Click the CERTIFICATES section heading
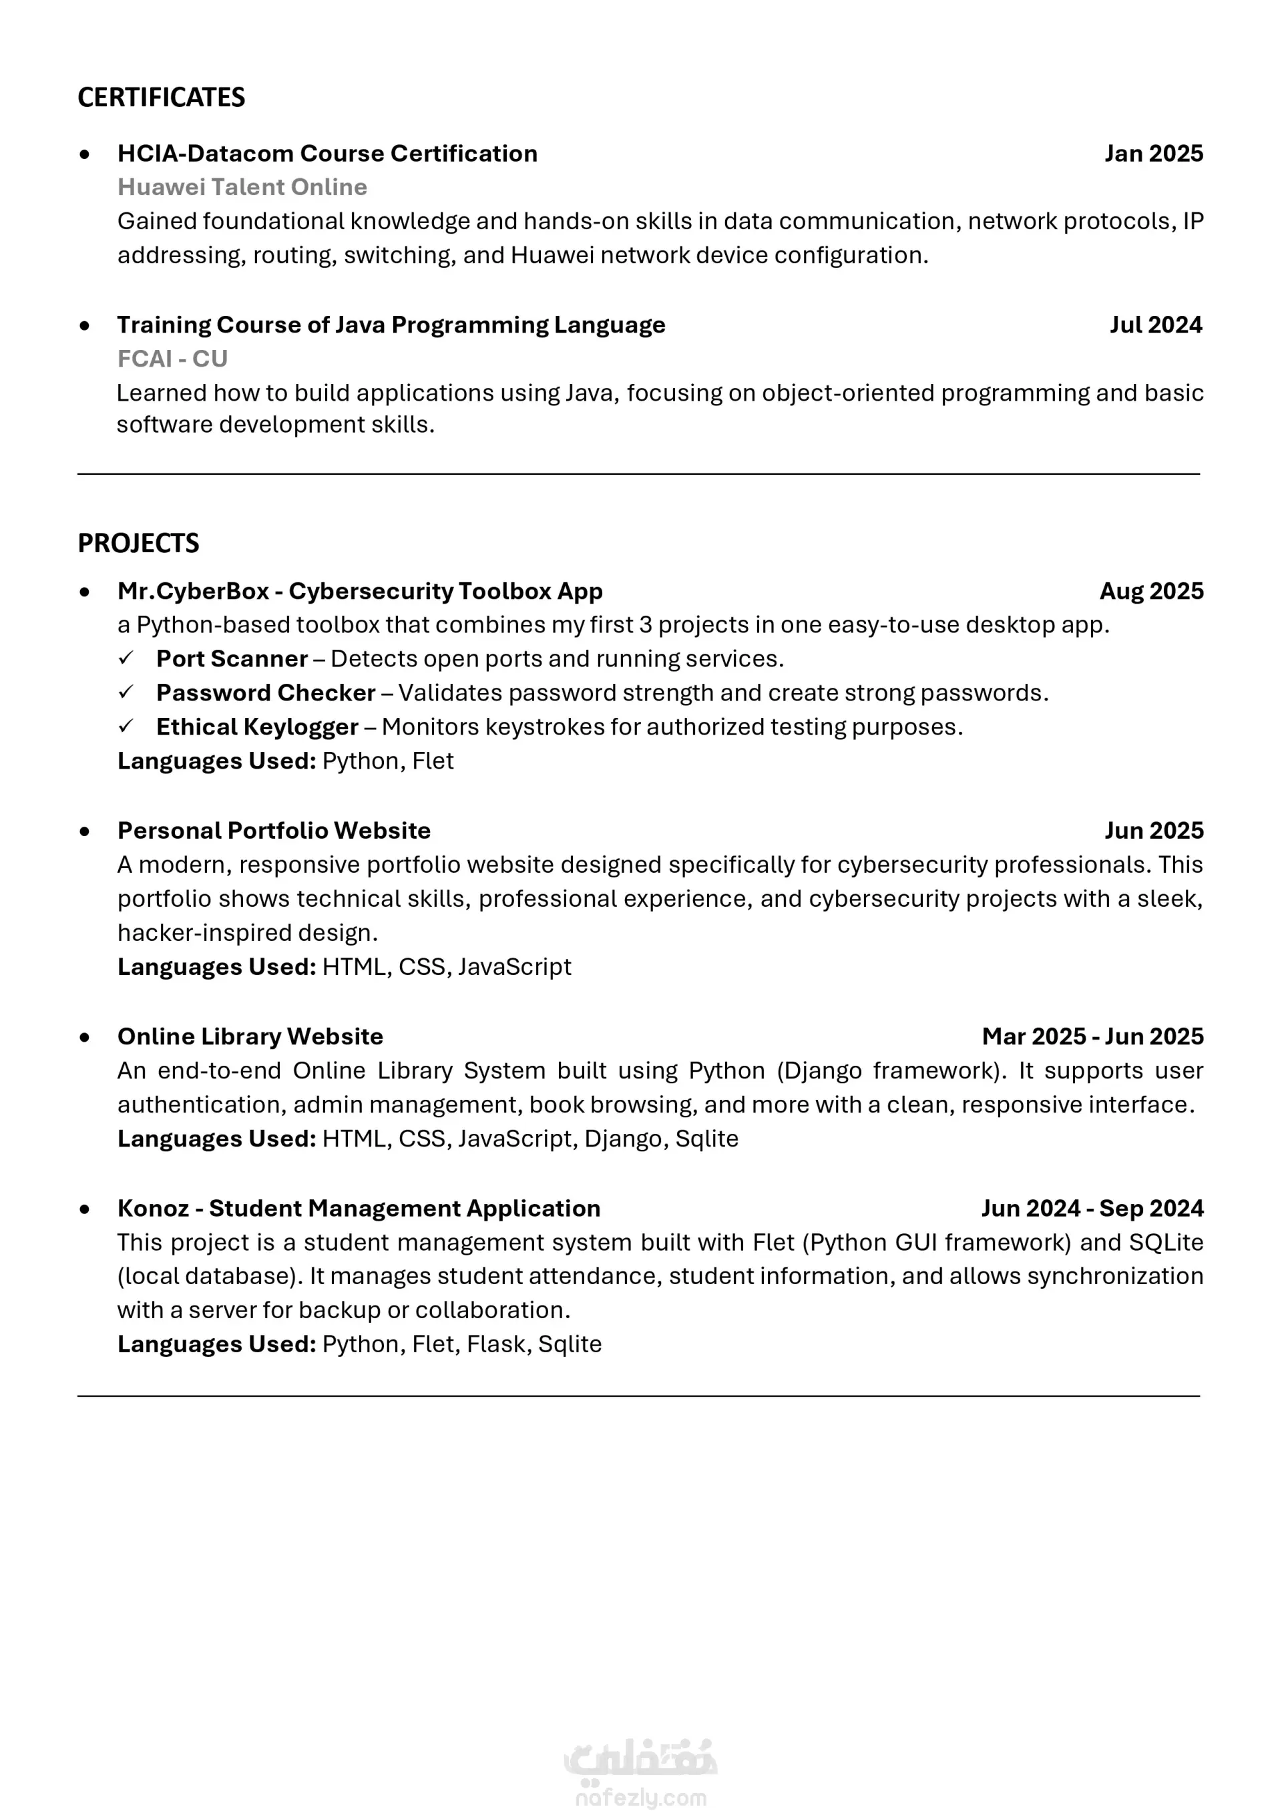point(161,97)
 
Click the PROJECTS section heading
point(138,543)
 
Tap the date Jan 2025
point(1153,153)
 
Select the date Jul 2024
point(1156,325)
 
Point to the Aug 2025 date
point(1151,590)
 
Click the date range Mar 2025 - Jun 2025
point(1092,1036)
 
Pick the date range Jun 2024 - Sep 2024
point(1092,1208)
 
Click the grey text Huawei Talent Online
point(242,187)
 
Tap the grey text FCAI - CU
point(172,359)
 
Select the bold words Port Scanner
point(232,658)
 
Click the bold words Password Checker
point(265,692)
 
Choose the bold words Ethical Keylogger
point(257,727)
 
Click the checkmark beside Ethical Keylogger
point(126,727)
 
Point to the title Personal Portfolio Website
point(274,831)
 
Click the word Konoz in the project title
point(153,1208)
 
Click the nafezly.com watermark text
point(640,1798)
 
